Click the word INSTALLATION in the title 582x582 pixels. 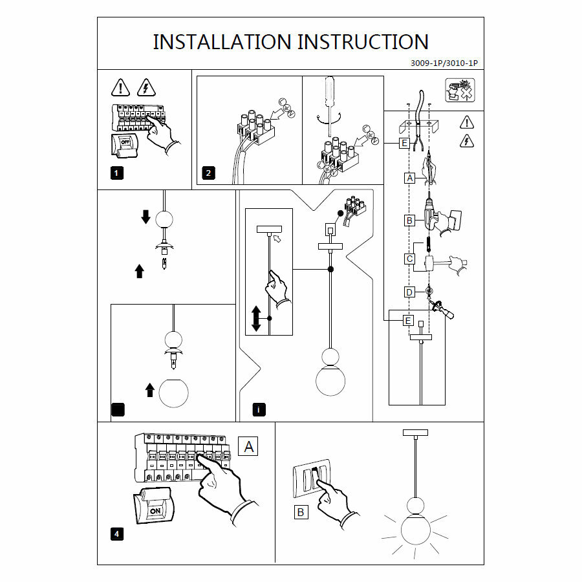tap(222, 42)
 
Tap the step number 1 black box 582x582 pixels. tap(116, 173)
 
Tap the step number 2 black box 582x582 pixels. tap(208, 173)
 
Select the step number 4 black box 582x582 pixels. tap(116, 534)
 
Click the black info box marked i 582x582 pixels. tap(259, 409)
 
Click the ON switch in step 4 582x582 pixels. tap(155, 510)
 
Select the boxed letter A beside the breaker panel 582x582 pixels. tap(249, 446)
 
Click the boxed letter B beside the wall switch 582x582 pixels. tap(301, 512)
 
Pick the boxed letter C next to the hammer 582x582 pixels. tap(409, 259)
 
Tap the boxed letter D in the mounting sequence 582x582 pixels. tap(409, 292)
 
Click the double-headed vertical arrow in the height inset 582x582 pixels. tap(256, 318)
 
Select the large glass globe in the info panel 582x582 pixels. tap(330, 382)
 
